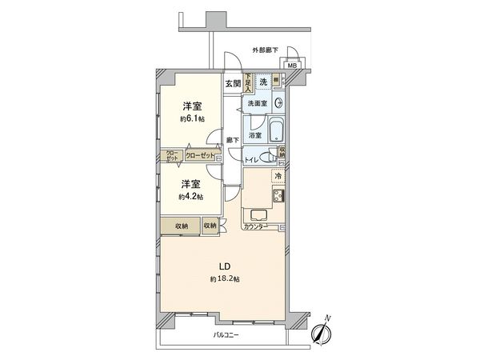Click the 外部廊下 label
266,50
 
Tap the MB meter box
293,66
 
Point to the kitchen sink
261,214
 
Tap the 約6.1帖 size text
191,118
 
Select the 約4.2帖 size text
191,196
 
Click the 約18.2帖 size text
225,278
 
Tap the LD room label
226,265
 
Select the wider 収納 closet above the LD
180,226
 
